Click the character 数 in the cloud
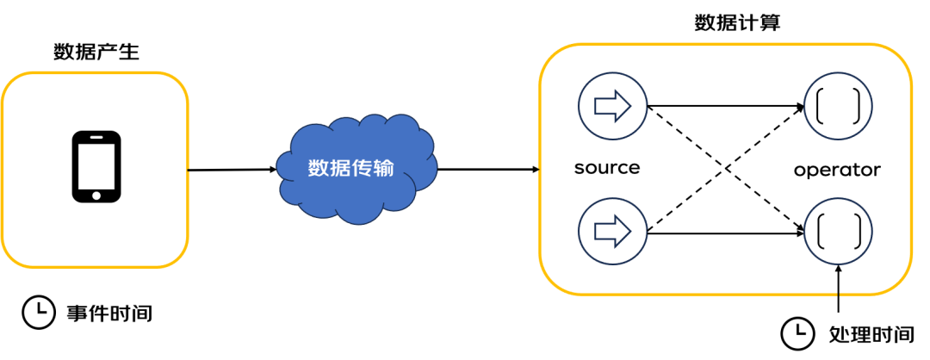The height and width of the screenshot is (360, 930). click(x=319, y=169)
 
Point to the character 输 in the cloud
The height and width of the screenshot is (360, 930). click(x=383, y=169)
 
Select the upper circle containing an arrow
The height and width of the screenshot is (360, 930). click(x=612, y=106)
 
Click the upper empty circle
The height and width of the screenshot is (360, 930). click(x=839, y=106)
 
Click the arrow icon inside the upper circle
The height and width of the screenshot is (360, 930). click(x=612, y=106)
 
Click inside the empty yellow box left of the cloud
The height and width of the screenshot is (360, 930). click(x=95, y=170)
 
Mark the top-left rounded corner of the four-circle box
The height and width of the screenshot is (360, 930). click(x=551, y=56)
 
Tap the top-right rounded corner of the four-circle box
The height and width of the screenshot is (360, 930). click(x=900, y=56)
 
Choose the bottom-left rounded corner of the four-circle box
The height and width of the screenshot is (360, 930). click(x=551, y=282)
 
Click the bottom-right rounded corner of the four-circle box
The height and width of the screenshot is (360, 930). click(x=900, y=282)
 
